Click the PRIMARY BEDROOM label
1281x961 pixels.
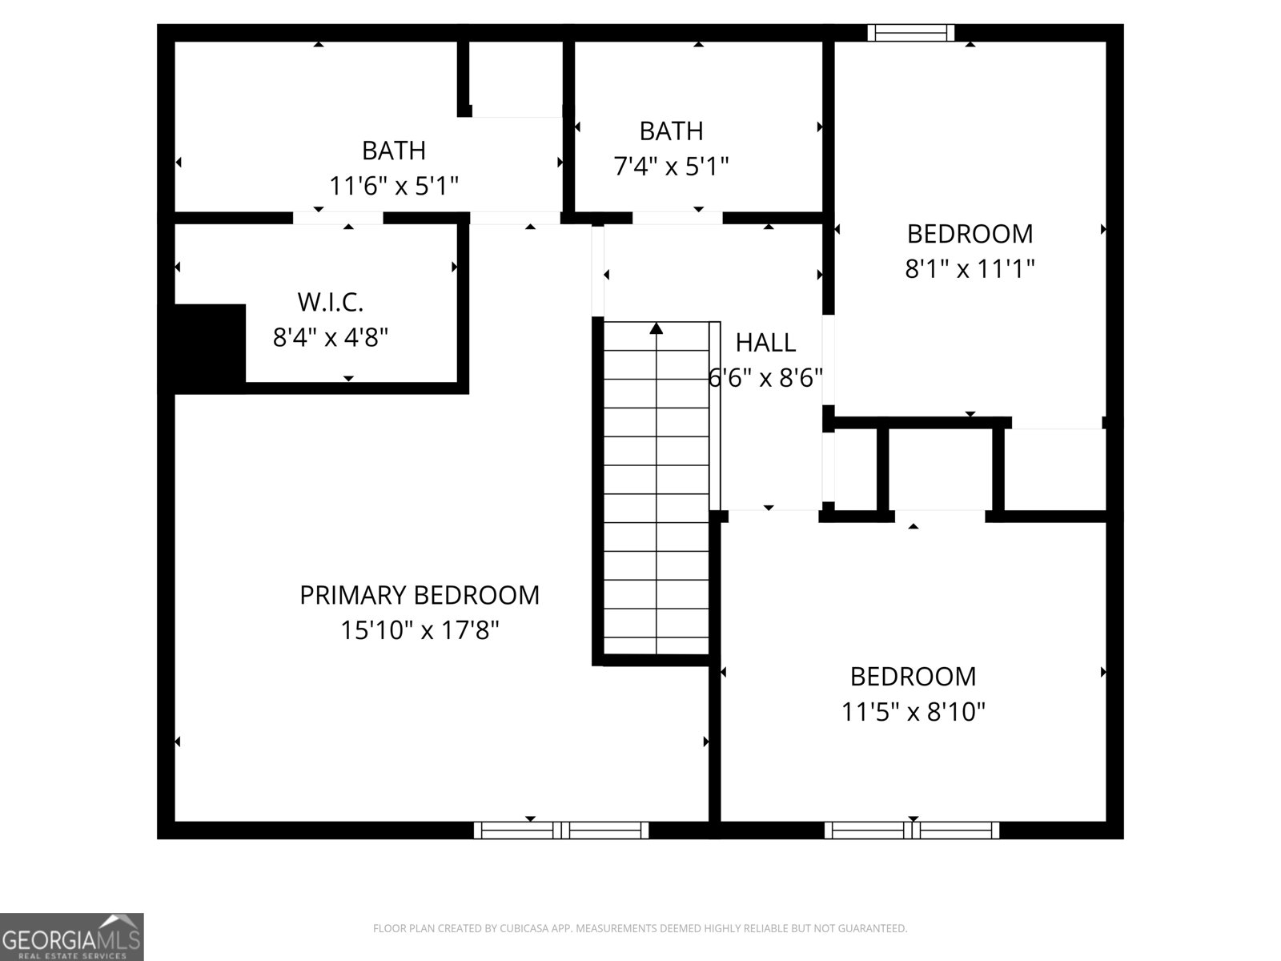(x=420, y=595)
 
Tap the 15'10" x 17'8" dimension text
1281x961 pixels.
(x=420, y=630)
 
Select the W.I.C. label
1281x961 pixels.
(x=331, y=302)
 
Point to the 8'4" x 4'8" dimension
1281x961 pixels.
(x=331, y=337)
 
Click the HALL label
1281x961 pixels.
(x=765, y=343)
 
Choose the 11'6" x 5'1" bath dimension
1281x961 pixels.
(x=394, y=186)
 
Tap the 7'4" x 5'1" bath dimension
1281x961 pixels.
(x=671, y=167)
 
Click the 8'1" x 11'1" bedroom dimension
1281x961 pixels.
(x=970, y=268)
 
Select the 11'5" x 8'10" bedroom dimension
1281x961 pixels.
(x=913, y=711)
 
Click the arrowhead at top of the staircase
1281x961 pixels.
(x=657, y=328)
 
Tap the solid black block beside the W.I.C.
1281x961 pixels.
(x=209, y=348)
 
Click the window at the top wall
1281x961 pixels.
(x=911, y=33)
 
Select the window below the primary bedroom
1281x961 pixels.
(x=560, y=830)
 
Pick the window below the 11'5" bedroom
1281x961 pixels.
(x=912, y=830)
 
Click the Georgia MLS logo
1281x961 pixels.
(x=71, y=937)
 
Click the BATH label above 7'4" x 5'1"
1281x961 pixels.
(x=671, y=131)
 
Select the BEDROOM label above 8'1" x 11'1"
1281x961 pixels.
(x=970, y=233)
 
